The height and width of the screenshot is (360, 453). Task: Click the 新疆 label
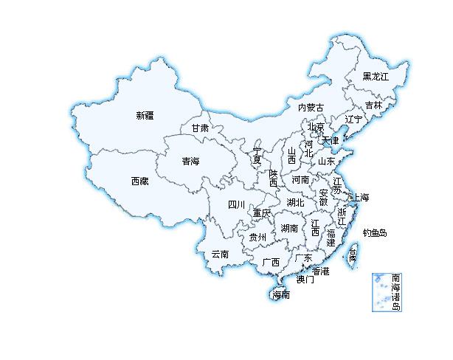145,115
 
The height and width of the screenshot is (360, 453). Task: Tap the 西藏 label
140,181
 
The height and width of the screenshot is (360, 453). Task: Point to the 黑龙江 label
375,77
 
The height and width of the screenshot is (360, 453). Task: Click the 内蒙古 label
311,108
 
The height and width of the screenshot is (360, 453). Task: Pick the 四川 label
236,204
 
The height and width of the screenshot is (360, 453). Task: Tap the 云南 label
220,255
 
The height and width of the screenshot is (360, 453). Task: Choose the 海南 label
281,295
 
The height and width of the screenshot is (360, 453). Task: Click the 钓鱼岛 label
375,233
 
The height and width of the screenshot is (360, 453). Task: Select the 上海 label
360,198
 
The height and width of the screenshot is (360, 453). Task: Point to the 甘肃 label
200,128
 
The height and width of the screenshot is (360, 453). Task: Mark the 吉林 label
373,105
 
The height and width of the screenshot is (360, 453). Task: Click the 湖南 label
289,229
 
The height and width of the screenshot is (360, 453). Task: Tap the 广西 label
271,262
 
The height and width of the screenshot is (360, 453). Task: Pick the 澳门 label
305,280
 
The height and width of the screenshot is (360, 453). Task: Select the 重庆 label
262,213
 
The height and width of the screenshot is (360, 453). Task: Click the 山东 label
326,160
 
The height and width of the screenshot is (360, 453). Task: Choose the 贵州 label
257,237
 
